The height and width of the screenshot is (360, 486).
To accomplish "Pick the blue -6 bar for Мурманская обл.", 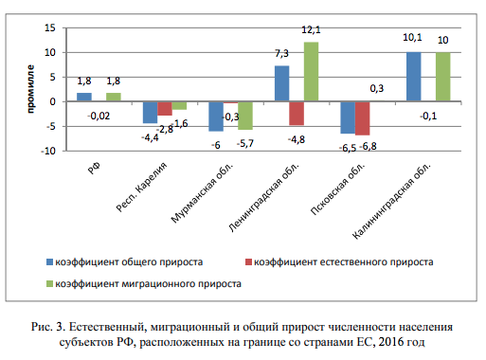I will (216, 116).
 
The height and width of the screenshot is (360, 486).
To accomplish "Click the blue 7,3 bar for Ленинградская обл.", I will (281, 83).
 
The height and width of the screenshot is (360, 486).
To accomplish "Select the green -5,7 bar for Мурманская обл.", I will (245, 115).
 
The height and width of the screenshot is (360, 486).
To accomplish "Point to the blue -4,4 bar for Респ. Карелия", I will (150, 112).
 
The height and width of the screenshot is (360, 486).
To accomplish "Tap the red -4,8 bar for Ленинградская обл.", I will (297, 113).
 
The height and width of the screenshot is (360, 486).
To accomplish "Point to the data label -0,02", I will (98, 116).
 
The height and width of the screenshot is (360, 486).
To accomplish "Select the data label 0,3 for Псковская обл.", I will (375, 88).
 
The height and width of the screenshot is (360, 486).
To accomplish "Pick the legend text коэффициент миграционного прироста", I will (148, 282).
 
